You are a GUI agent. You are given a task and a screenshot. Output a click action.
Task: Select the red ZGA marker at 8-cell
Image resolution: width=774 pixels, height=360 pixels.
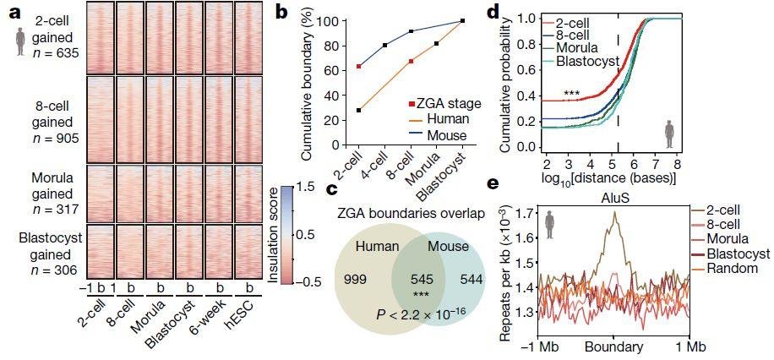[x=411, y=61]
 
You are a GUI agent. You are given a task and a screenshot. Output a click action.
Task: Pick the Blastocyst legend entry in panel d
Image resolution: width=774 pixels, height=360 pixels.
[x=585, y=61]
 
